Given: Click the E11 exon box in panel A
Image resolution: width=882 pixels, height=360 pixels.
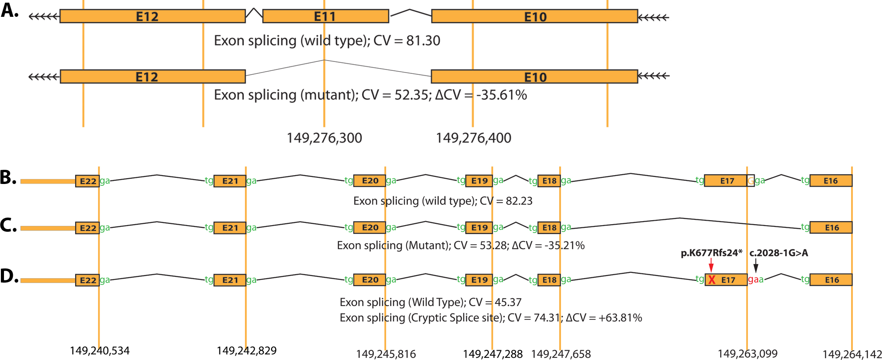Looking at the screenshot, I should click(326, 16).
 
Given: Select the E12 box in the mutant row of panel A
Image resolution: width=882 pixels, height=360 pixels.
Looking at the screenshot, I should click(153, 77).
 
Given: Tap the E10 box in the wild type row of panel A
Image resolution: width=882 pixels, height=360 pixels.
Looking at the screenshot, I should click(534, 16).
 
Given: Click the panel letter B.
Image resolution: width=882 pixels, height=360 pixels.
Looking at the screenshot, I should click(8, 178).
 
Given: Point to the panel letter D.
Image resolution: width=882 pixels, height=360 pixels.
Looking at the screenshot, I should click(9, 276).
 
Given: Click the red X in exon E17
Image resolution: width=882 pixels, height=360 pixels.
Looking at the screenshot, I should click(712, 280).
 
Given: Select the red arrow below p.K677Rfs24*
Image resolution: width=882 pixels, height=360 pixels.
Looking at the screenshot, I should click(711, 265).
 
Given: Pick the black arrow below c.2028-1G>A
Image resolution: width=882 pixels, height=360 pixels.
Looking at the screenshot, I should click(756, 265).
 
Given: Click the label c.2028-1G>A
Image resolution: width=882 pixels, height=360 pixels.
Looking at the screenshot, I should click(778, 253).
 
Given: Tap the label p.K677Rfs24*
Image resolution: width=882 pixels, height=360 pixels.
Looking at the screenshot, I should click(711, 253).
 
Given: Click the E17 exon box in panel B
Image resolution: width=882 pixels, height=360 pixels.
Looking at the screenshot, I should click(726, 180).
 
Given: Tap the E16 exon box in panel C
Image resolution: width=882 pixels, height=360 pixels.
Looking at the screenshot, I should click(831, 227).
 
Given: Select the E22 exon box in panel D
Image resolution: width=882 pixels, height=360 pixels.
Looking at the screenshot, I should click(87, 280).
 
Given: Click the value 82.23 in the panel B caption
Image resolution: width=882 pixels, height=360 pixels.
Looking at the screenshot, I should click(519, 201).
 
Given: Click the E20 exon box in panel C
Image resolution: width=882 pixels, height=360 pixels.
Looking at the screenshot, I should click(370, 227).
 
